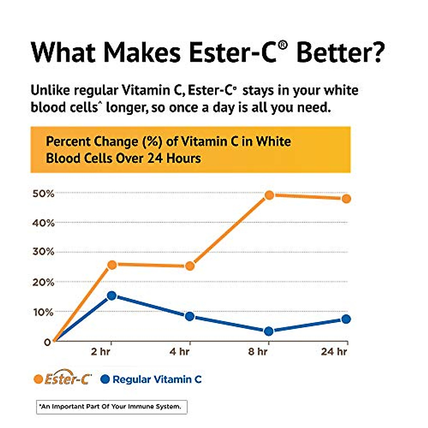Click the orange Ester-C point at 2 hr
click(x=112, y=265)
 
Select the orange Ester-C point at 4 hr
click(x=190, y=266)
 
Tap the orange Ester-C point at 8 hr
click(x=269, y=195)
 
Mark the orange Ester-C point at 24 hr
click(x=346, y=199)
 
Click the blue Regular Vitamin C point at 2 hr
click(x=112, y=295)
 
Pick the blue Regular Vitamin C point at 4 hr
click(x=190, y=316)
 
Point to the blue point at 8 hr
click(x=269, y=331)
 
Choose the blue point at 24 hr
click(x=346, y=319)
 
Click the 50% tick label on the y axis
click(x=44, y=194)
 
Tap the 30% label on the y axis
click(x=44, y=252)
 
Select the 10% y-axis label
click(x=44, y=312)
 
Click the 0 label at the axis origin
click(x=47, y=342)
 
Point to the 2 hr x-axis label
click(x=101, y=352)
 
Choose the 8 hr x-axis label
click(x=258, y=352)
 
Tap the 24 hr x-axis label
click(x=334, y=352)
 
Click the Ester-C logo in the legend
click(x=68, y=379)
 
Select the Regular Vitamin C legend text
click(x=157, y=379)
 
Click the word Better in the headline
click(x=341, y=52)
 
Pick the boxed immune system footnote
click(x=112, y=407)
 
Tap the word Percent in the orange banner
click(x=68, y=142)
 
